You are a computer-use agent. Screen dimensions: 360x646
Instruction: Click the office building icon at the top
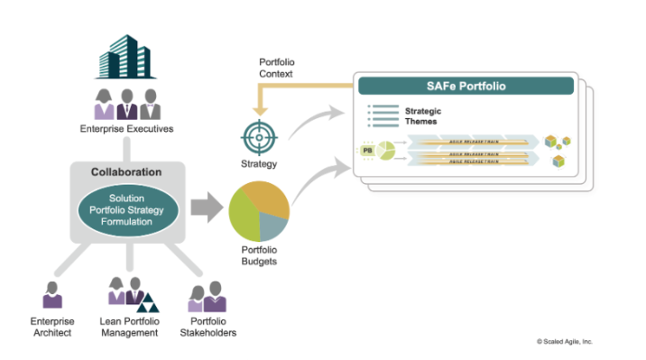tap(125, 53)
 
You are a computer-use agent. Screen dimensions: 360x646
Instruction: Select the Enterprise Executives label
tap(125, 129)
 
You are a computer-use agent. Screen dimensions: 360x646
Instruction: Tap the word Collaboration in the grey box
tap(126, 172)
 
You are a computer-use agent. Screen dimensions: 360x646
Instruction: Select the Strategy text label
tap(258, 164)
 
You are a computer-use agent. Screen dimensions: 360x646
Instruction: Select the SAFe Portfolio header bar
tap(466, 87)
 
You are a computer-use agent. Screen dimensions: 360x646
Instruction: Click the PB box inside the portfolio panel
tap(367, 151)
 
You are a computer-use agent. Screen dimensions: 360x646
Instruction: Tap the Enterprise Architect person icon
tap(51, 295)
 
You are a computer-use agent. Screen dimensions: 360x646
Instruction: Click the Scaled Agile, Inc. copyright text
tap(565, 342)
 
